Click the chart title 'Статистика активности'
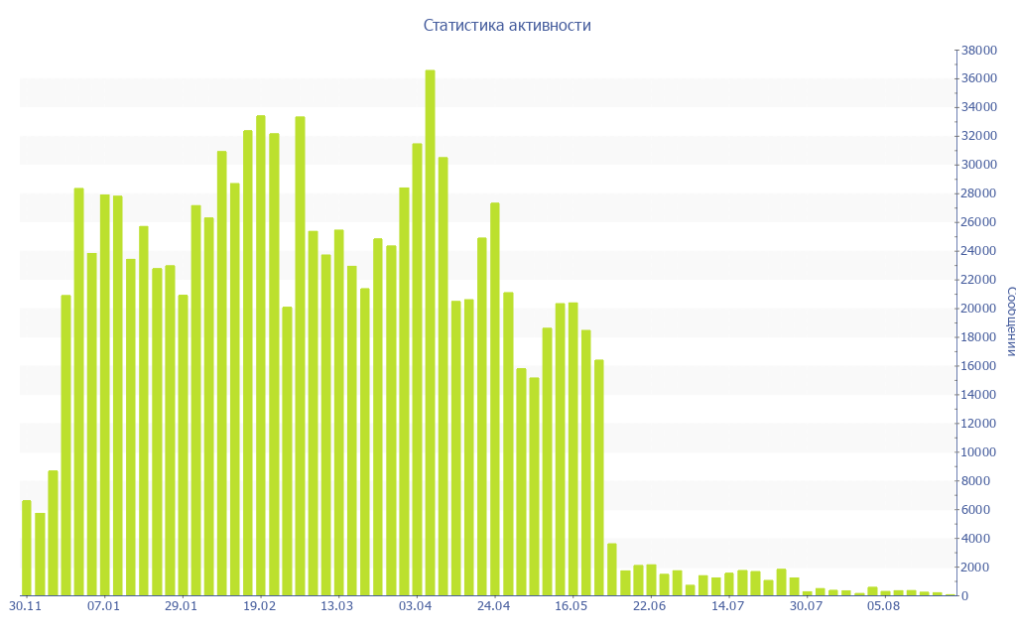click(507, 26)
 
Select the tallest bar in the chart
click(430, 332)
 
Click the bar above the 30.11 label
click(27, 548)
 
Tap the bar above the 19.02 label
click(261, 355)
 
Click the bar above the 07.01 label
click(104, 395)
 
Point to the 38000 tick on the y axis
click(977, 50)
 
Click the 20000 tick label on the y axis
click(977, 309)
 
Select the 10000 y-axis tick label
click(977, 452)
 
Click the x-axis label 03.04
click(415, 605)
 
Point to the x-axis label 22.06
click(649, 605)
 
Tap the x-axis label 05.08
click(883, 605)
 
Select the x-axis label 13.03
click(337, 605)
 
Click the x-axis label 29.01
click(181, 605)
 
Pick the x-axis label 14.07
click(727, 605)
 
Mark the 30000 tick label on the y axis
click(977, 165)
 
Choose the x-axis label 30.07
click(806, 605)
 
